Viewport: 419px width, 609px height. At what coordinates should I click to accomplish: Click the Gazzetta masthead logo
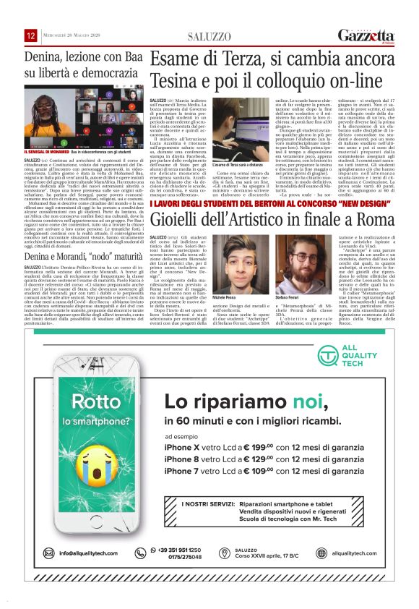pyautogui.click(x=366, y=35)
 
